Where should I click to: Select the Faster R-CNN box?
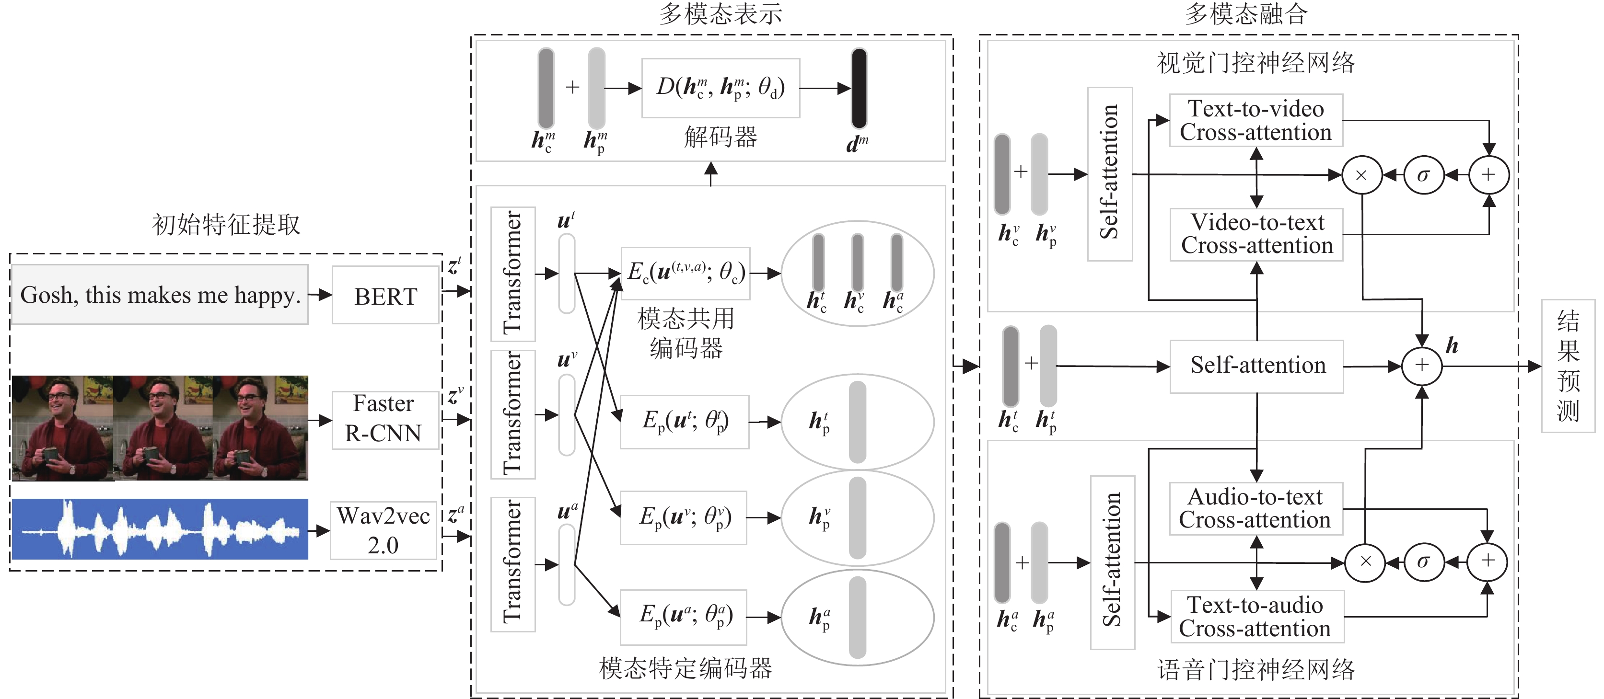(x=384, y=419)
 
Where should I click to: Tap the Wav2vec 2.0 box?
(x=383, y=530)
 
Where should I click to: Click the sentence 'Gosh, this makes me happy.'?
(x=160, y=295)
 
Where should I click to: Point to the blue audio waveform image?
(x=160, y=529)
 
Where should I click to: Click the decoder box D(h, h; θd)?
(x=721, y=88)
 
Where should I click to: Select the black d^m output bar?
(x=859, y=88)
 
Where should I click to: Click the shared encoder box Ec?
(x=686, y=273)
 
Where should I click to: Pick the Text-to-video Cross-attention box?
(x=1255, y=121)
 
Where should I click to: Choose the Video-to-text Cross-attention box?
(x=1256, y=234)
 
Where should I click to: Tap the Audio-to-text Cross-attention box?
(x=1255, y=508)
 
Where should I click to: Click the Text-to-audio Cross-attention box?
(x=1256, y=616)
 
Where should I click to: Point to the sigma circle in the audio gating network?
(x=1423, y=562)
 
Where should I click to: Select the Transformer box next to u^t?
(x=512, y=274)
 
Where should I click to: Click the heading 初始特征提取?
(x=226, y=225)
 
